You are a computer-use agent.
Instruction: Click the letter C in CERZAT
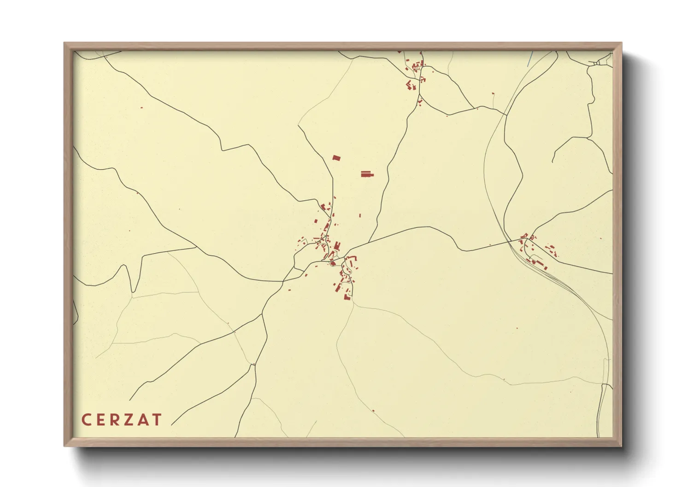click(x=85, y=420)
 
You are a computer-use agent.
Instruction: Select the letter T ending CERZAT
click(x=157, y=420)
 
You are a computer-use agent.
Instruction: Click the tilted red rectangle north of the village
click(x=336, y=158)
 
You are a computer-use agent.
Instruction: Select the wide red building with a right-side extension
click(x=367, y=174)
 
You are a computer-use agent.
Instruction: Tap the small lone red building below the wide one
click(x=360, y=215)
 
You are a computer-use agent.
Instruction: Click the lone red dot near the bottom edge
click(x=373, y=411)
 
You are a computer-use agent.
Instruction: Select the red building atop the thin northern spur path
click(x=493, y=93)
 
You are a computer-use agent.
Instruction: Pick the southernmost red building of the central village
click(x=347, y=297)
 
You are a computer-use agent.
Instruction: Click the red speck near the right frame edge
click(x=600, y=238)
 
